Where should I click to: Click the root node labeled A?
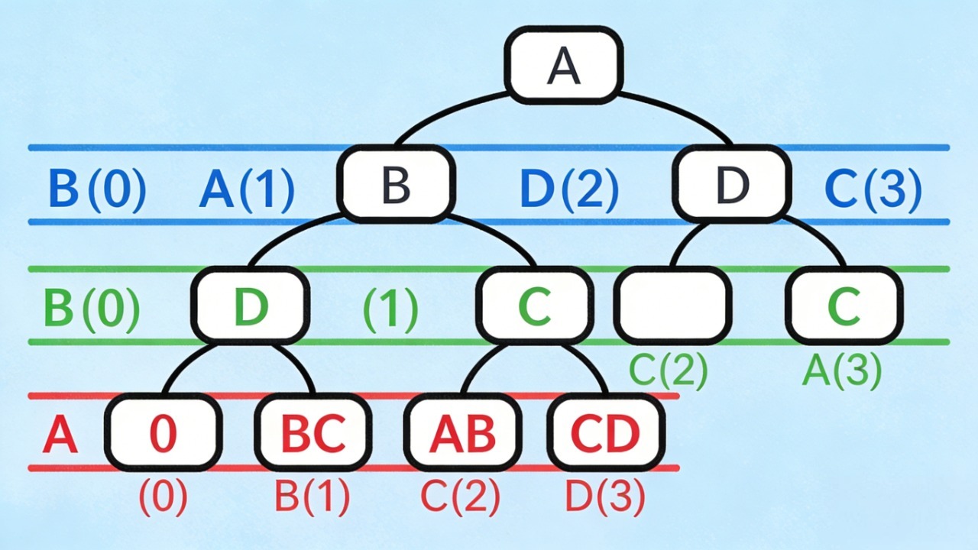point(564,66)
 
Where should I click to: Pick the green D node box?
point(251,306)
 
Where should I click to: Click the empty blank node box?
point(672,305)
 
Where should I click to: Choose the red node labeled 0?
point(163,432)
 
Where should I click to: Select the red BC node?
point(313,432)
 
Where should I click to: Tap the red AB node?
point(462,432)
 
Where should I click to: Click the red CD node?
point(605,432)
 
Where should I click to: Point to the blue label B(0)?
point(97,189)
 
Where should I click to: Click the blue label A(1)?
point(246,189)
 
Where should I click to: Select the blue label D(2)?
point(568,189)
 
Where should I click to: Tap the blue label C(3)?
point(873,189)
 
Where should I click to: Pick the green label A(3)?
point(842,371)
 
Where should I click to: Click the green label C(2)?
point(668,371)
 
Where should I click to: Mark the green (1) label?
point(390,309)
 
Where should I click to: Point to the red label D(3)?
point(605,497)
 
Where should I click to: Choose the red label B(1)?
point(312,497)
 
